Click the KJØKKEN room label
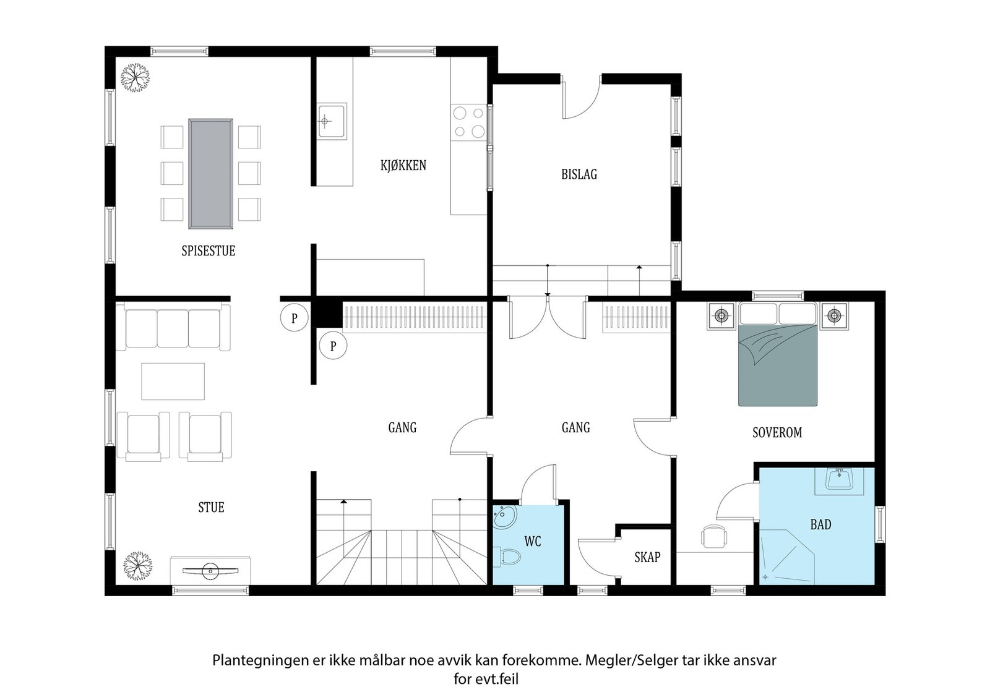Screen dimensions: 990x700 (403, 165)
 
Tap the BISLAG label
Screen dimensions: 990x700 (579, 174)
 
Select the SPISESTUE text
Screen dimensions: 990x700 (208, 251)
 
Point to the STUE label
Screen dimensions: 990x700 (211, 508)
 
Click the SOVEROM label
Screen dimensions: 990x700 (777, 432)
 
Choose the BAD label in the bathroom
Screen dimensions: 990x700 (820, 524)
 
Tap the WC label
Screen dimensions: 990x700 (533, 542)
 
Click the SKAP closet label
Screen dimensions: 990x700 (647, 557)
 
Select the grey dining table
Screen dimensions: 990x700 (211, 174)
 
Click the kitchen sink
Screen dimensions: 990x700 (332, 121)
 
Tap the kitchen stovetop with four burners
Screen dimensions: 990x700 (468, 122)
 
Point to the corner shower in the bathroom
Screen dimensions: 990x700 (786, 557)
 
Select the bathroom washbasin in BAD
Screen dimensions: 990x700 (839, 480)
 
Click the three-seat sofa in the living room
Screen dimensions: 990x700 (173, 327)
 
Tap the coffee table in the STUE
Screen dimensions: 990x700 (173, 382)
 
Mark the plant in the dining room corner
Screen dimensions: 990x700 (136, 78)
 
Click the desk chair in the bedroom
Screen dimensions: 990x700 (714, 536)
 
